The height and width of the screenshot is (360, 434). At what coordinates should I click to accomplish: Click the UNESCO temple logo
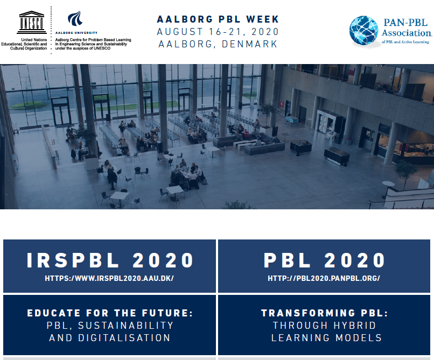click(32, 22)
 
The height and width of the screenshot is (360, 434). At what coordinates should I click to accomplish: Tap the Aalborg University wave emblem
click(75, 18)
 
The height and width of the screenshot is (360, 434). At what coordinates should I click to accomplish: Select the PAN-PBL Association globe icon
click(363, 31)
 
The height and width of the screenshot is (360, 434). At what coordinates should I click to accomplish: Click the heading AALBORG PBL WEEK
click(218, 19)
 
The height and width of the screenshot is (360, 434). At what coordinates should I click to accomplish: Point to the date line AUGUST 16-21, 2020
click(218, 32)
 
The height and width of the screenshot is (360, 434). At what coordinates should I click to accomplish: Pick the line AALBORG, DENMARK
click(218, 44)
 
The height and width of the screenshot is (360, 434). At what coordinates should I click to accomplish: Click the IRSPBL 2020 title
click(110, 260)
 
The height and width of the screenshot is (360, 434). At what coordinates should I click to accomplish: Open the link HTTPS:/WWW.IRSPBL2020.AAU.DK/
click(109, 278)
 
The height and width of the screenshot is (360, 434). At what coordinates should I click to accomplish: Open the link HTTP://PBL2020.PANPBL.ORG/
click(324, 278)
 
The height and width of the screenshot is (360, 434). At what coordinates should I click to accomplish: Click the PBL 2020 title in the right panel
click(324, 260)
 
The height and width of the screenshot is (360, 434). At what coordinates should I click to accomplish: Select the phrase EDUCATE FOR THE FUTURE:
click(110, 313)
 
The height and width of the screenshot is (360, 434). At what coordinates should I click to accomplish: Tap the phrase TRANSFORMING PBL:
click(325, 313)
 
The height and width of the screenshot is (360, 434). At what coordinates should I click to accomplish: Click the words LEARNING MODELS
click(327, 338)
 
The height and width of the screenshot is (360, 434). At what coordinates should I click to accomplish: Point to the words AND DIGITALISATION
click(110, 338)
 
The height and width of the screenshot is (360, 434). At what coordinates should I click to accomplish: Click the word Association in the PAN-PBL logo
click(407, 33)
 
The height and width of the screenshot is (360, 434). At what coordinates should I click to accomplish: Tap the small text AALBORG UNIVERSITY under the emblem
click(76, 33)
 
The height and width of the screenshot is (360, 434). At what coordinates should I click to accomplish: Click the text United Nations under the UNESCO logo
click(34, 40)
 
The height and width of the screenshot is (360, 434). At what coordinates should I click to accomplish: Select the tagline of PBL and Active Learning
click(405, 42)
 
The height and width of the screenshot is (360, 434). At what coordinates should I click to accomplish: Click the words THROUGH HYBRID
click(324, 326)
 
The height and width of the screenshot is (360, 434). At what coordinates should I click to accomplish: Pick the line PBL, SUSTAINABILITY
click(110, 326)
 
